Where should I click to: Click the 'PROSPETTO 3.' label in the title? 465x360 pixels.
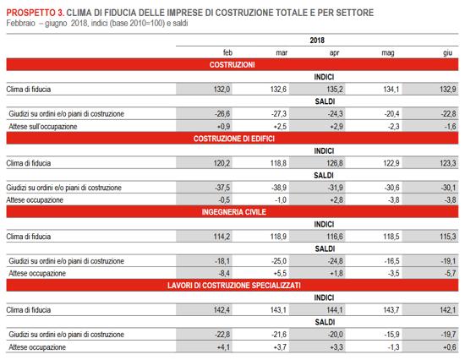(x=36, y=13)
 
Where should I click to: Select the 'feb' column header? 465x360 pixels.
(x=227, y=52)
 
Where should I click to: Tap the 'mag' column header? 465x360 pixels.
(x=388, y=53)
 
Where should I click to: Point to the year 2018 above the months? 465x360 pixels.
(x=317, y=41)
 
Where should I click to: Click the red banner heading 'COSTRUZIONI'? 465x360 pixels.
(x=232, y=64)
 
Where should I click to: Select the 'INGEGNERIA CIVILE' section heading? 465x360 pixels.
(x=234, y=212)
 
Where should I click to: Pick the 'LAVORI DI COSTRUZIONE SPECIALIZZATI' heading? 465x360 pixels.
(x=234, y=286)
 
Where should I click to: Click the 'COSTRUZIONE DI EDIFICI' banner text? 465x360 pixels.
(x=234, y=139)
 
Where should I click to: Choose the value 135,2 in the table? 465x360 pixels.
(x=335, y=90)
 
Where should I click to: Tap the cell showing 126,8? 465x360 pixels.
(x=335, y=163)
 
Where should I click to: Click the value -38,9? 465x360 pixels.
(x=279, y=188)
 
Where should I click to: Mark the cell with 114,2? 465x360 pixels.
(x=222, y=237)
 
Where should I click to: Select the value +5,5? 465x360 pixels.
(x=280, y=273)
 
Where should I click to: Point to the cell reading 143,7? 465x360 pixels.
(x=391, y=310)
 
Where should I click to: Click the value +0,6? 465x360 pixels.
(x=450, y=347)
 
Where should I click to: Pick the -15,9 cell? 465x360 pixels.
(x=391, y=335)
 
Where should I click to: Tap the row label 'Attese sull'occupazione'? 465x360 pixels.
(x=43, y=127)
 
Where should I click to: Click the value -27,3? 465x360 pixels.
(x=279, y=114)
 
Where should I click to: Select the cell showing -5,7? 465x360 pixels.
(x=450, y=273)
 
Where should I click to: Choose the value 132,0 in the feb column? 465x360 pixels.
(x=222, y=90)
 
